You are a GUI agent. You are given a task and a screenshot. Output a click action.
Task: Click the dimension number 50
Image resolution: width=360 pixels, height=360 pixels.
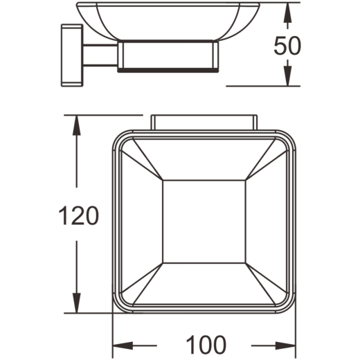pyautogui.click(x=287, y=46)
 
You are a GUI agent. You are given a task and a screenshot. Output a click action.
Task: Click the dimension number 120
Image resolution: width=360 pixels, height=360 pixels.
pyautogui.click(x=79, y=215)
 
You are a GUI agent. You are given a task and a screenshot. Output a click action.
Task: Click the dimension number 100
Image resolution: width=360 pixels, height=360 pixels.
pyautogui.click(x=206, y=345)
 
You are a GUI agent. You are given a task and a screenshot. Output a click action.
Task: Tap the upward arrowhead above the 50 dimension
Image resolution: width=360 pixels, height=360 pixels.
pyautogui.click(x=287, y=12)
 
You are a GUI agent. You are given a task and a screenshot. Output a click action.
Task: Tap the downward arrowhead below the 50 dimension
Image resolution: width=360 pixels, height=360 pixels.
pyautogui.click(x=287, y=75)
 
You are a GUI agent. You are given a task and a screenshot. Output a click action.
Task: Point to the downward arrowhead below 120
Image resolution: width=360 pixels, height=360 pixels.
pyautogui.click(x=77, y=303)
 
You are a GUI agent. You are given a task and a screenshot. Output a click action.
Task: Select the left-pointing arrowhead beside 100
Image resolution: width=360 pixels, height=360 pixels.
pyautogui.click(x=123, y=345)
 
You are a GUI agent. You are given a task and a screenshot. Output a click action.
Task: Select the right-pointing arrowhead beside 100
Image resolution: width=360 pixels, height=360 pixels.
pyautogui.click(x=285, y=345)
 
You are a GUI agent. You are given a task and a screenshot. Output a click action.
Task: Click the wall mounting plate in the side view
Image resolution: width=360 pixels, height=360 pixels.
pyautogui.click(x=72, y=55)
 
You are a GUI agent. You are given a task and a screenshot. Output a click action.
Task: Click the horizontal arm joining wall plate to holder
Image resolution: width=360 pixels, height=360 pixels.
pyautogui.click(x=100, y=55)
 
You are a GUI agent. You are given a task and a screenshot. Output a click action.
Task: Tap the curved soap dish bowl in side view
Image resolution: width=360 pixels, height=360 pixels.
pyautogui.click(x=168, y=21)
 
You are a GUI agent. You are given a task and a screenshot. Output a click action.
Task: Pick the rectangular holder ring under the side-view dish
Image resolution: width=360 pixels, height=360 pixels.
pyautogui.click(x=168, y=56)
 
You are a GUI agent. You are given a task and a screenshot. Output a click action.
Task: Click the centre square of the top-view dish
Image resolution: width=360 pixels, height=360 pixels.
pyautogui.click(x=204, y=222)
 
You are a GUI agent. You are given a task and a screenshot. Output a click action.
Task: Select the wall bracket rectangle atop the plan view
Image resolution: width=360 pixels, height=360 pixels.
pyautogui.click(x=204, y=123)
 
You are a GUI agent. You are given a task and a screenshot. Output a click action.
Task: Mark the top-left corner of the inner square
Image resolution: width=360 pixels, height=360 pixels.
pyautogui.click(x=163, y=180)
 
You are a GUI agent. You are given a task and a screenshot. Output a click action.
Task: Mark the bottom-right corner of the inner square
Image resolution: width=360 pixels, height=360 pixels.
pyautogui.click(x=246, y=263)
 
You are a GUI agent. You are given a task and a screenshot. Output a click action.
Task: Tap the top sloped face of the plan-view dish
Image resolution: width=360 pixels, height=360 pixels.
pyautogui.click(x=204, y=159)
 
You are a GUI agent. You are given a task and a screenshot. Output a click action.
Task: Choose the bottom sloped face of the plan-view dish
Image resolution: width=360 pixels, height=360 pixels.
pyautogui.click(x=204, y=283)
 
